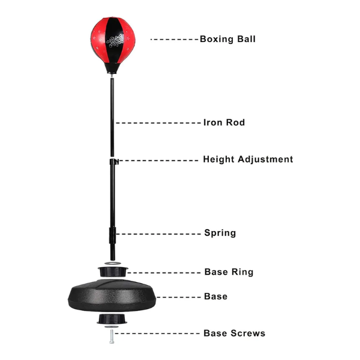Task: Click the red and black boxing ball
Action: [113, 45]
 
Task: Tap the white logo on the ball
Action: [115, 41]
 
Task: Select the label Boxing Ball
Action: [227, 39]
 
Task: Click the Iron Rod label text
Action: [224, 122]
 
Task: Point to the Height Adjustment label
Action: [248, 160]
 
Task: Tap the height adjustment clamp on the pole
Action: [114, 161]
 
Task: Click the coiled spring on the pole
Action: [113, 235]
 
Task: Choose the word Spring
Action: [220, 233]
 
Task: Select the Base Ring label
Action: [229, 272]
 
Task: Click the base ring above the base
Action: [113, 272]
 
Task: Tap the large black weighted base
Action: [112, 295]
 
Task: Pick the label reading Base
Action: [215, 296]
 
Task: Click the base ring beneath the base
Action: [112, 319]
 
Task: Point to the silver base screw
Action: [112, 337]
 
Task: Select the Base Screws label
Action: [235, 333]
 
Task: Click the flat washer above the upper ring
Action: [113, 263]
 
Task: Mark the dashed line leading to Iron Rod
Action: [158, 123]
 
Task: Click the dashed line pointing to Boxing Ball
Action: [174, 40]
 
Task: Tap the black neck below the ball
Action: [113, 68]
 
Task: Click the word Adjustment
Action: [265, 160]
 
